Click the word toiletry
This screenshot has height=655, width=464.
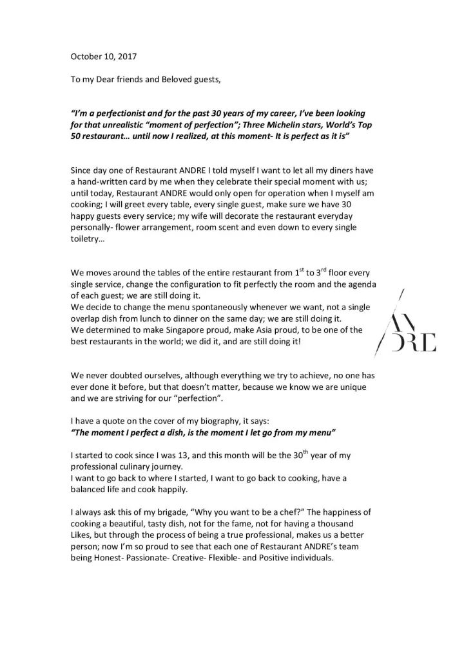tap(88, 241)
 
